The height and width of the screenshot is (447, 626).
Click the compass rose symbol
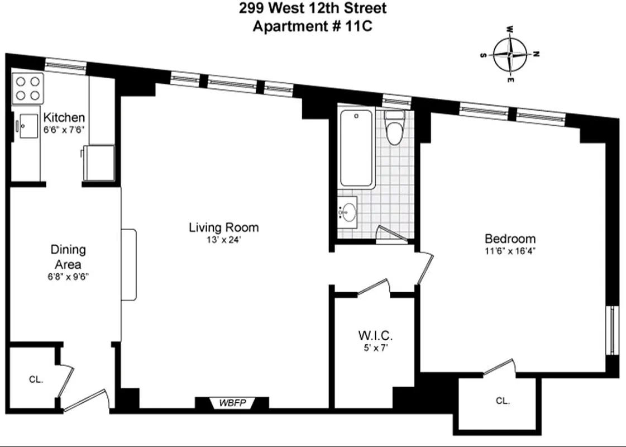click(510, 55)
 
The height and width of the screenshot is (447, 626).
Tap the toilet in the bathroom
click(395, 129)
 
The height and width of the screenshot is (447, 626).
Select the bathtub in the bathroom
click(356, 149)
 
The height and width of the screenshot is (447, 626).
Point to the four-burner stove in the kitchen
click(27, 88)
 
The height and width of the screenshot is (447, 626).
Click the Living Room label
click(223, 227)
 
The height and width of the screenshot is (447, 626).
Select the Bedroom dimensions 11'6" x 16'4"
click(510, 251)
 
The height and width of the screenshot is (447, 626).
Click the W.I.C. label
click(375, 336)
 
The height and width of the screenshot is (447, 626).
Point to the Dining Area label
click(68, 257)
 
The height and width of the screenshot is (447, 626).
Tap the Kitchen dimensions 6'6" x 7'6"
click(64, 129)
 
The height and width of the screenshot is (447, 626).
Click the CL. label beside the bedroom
click(503, 401)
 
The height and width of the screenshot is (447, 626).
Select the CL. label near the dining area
click(36, 379)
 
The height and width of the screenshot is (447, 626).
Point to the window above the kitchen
click(65, 66)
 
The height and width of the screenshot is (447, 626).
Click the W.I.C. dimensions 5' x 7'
click(375, 348)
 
